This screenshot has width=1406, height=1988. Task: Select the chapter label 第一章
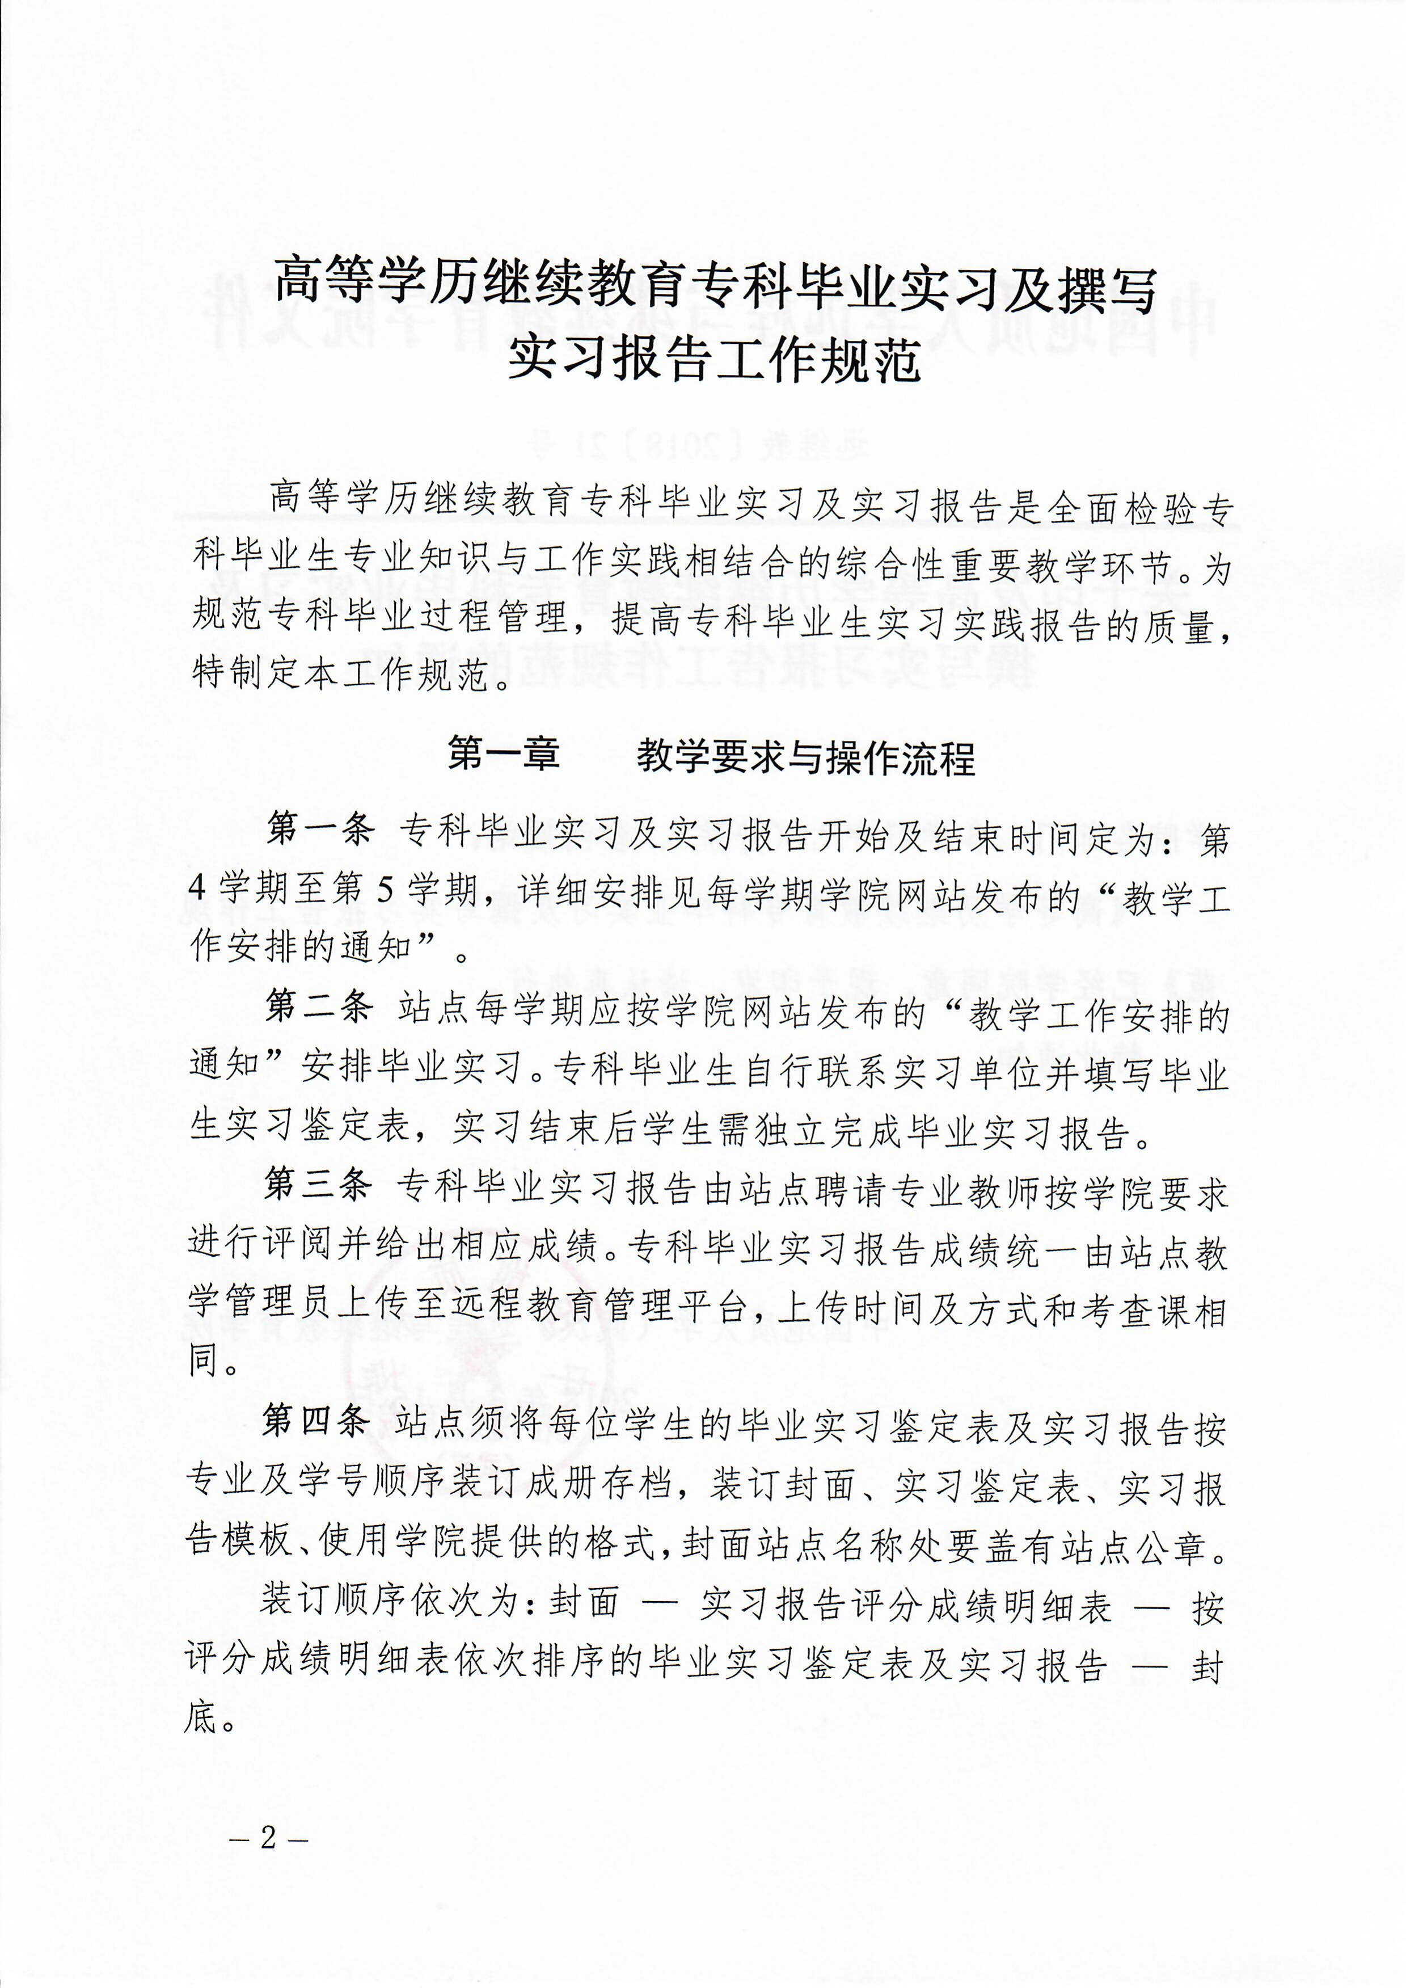503,753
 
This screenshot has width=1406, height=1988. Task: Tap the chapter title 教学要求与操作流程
805,757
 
